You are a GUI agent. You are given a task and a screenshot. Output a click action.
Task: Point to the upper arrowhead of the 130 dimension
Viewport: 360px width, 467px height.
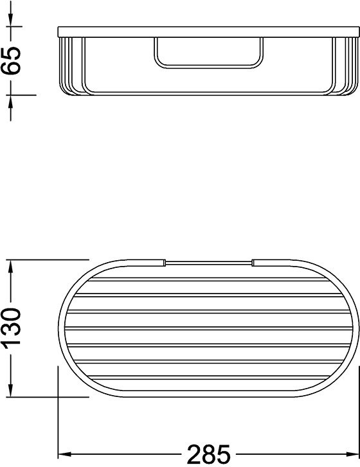pyautogui.click(x=11, y=267)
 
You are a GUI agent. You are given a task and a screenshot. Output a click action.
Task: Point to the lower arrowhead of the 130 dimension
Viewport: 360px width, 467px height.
pyautogui.click(x=11, y=390)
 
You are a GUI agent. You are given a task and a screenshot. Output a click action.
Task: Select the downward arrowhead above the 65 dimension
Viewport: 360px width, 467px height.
pyautogui.click(x=11, y=20)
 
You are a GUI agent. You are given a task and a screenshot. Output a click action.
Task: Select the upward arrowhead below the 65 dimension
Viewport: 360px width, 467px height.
pyautogui.click(x=11, y=102)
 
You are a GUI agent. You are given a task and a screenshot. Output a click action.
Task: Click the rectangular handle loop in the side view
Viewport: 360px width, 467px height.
pyautogui.click(x=209, y=67)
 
